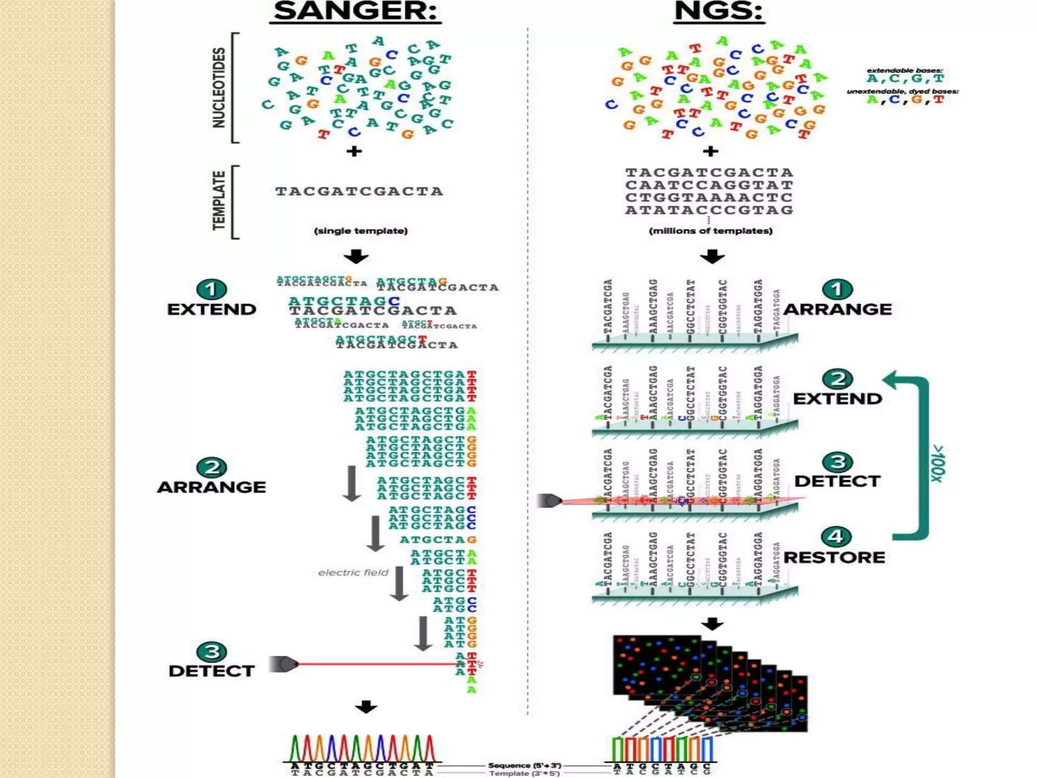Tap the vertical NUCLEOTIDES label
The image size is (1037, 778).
pos(219,88)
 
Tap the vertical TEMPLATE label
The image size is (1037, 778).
pos(219,201)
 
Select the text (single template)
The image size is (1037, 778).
pos(361,231)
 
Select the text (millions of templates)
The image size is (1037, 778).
pos(710,231)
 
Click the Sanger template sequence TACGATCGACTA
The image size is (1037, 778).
pos(359,191)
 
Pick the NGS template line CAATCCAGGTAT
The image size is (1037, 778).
pos(709,185)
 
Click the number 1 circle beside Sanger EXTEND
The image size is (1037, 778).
pos(212,289)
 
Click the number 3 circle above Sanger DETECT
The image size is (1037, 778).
pos(212,652)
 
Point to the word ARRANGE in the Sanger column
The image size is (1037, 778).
pos(212,487)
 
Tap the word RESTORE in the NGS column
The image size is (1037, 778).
pos(834,558)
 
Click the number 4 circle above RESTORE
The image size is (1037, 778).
pos(835,536)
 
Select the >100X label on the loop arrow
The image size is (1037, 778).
pos(938,463)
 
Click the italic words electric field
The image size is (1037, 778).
pos(353,572)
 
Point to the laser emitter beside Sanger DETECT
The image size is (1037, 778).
pos(284,664)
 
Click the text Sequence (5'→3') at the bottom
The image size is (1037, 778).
pos(525,765)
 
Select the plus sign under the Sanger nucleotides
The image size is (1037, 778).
pos(354,151)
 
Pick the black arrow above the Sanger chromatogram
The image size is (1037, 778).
pos(366,707)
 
